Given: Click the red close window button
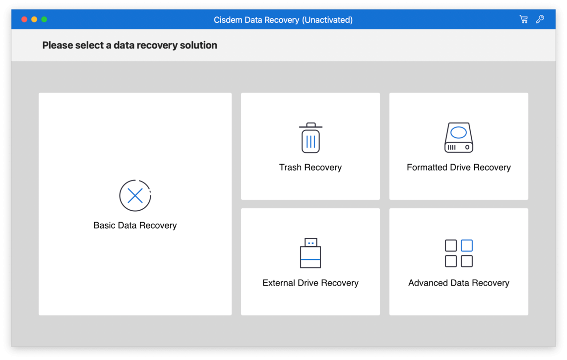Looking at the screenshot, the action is coord(24,19).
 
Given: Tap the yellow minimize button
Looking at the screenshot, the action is coord(34,19).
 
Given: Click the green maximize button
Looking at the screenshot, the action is coord(44,19).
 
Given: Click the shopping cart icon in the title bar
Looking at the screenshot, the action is coord(524,19).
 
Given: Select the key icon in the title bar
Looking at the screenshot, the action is coord(540,19).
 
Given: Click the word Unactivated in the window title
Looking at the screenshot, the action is coord(327,20).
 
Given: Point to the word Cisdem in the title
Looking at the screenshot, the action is coord(228,20).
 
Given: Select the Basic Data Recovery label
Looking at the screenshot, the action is coord(135,225).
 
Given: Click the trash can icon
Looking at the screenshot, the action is coord(311,138).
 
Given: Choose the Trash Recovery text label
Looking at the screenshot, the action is coord(310,167).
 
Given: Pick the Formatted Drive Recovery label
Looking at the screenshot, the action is coord(459,167).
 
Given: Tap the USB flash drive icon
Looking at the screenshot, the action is coord(310,253).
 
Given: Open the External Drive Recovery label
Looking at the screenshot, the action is coord(311,283).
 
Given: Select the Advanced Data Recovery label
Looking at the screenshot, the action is coord(459,283).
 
